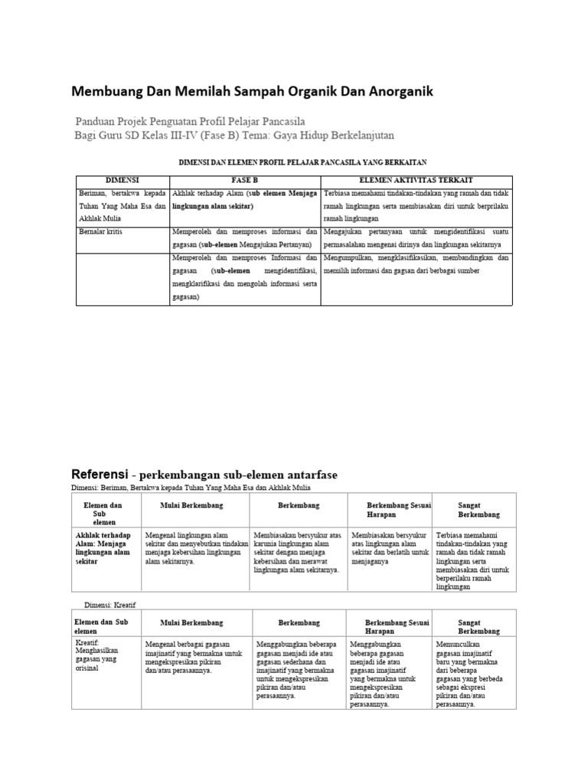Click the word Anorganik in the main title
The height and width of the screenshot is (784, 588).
click(x=396, y=91)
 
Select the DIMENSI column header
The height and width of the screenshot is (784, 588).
click(x=122, y=178)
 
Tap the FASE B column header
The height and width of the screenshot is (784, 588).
click(x=244, y=178)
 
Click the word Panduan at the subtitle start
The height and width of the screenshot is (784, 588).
click(x=98, y=121)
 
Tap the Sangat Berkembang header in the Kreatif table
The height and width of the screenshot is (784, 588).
click(x=479, y=626)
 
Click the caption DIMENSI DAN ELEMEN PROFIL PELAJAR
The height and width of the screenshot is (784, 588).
click(x=302, y=162)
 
